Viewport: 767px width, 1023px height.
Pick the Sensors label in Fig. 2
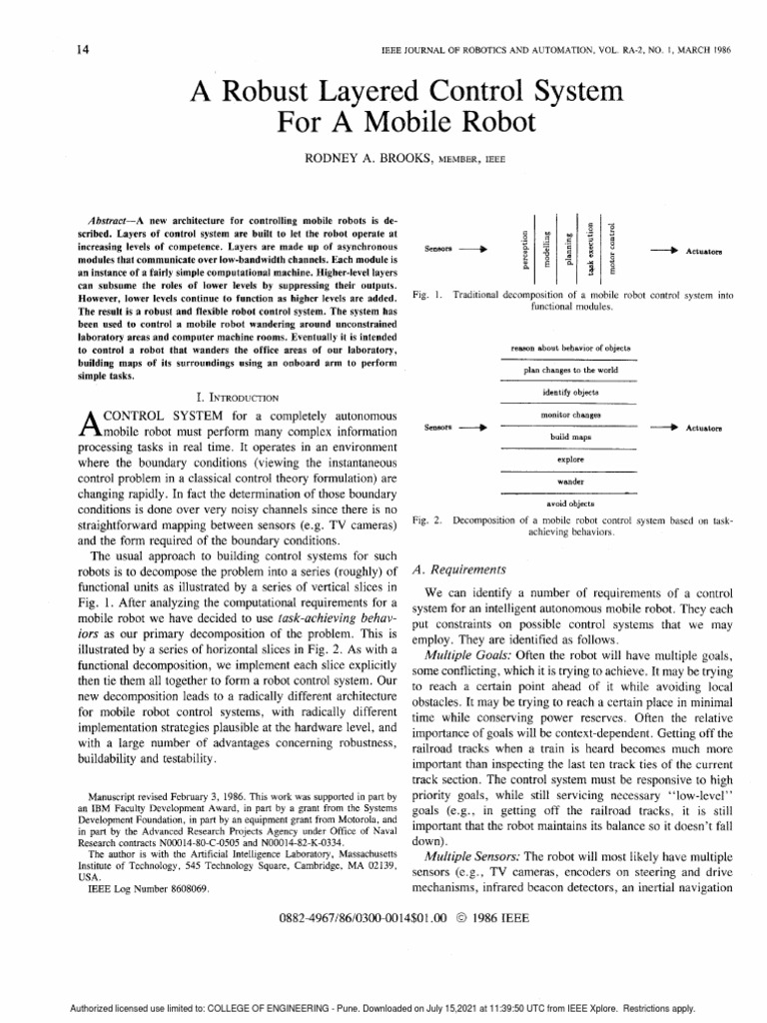point(439,427)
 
